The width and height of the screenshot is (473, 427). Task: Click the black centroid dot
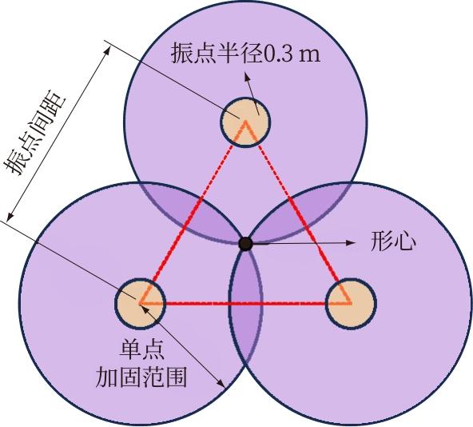[x=245, y=244]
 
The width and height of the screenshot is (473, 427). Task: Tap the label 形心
[x=393, y=242]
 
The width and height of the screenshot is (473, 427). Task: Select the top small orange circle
[x=246, y=122]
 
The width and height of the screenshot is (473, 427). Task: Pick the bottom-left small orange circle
[x=141, y=304]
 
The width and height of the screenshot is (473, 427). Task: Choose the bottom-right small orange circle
[x=351, y=304]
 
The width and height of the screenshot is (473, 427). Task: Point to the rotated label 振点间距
[x=34, y=135]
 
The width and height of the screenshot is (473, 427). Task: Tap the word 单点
[x=141, y=349]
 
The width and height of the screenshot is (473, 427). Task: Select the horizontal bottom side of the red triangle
[x=245, y=302]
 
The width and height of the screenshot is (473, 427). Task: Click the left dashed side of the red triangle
[x=193, y=212]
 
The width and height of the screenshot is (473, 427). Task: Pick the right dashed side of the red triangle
[x=298, y=212]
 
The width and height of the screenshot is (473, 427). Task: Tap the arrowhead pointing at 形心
[x=350, y=242]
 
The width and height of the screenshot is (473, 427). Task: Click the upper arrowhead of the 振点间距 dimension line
[x=106, y=50]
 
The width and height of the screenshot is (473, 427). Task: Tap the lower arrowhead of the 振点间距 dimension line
[x=10, y=216]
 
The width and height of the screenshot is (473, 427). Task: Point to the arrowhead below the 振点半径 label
[x=247, y=76]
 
